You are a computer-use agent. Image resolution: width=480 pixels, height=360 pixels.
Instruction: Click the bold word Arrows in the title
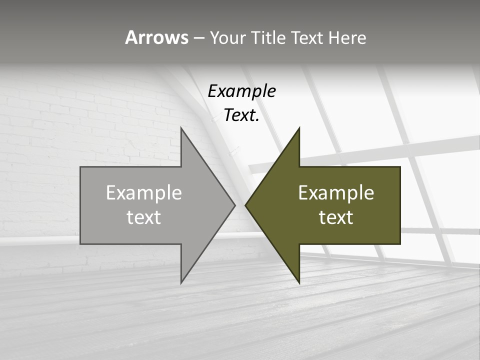pos(156,37)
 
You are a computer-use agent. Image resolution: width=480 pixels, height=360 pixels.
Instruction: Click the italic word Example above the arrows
pos(241,91)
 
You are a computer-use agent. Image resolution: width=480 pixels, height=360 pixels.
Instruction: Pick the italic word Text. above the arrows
pos(241,115)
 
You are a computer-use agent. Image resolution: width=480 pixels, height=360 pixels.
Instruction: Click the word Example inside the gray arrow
pos(144,193)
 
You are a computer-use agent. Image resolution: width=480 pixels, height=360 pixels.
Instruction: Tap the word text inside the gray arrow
pos(144,217)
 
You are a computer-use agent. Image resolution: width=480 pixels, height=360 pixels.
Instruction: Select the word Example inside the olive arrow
pos(336,193)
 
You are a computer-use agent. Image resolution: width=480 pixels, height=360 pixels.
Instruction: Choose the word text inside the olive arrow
pos(336,217)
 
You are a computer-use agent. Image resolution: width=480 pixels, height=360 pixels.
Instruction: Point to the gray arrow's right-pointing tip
pos(234,205)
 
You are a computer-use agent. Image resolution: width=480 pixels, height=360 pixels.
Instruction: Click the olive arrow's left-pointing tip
pos(246,205)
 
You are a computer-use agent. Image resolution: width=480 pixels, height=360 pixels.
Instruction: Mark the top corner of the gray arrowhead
pos(181,128)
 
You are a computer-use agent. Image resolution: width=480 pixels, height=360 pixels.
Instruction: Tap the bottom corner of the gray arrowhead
pos(181,282)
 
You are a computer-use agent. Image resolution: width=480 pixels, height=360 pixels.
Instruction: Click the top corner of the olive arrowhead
pos(299,128)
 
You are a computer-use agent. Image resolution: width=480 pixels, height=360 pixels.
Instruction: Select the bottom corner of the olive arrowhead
pos(299,282)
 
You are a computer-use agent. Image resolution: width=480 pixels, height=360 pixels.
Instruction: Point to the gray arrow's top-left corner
pos(81,167)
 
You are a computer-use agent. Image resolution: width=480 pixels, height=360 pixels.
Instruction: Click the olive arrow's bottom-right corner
pos(400,243)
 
